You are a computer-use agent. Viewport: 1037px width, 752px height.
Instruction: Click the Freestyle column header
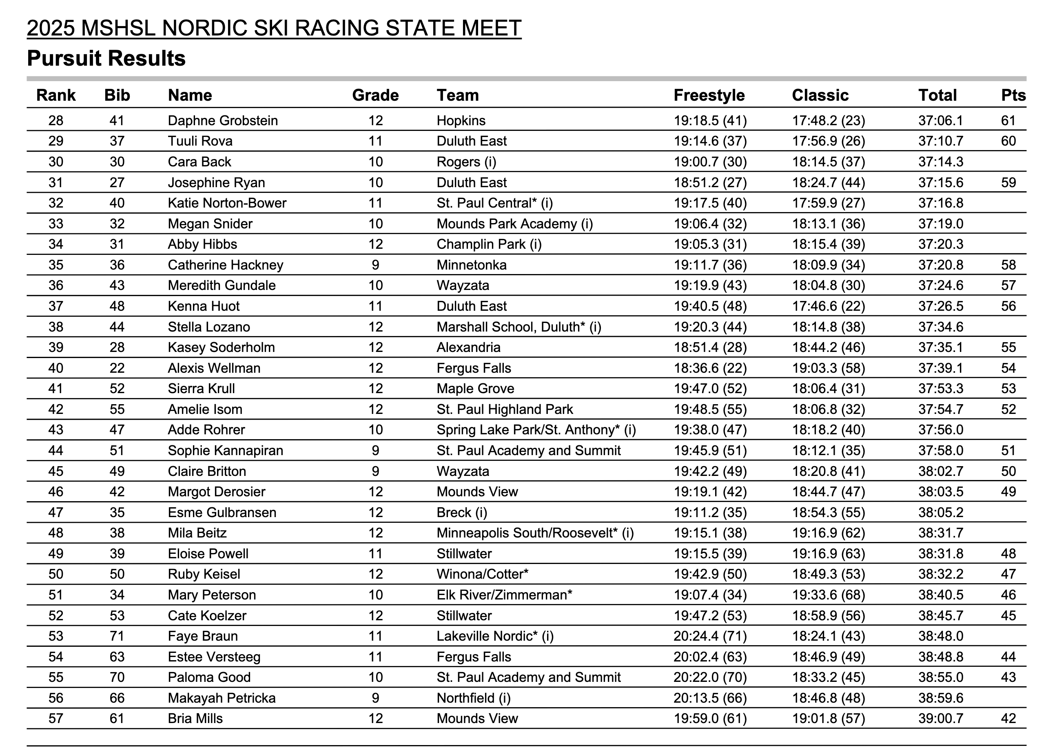pyautogui.click(x=709, y=95)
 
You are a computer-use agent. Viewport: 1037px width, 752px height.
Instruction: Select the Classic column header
pyautogui.click(x=820, y=95)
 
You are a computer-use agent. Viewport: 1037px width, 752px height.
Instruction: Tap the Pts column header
pyautogui.click(x=1013, y=95)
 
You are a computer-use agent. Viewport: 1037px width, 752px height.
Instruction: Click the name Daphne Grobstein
pyautogui.click(x=223, y=121)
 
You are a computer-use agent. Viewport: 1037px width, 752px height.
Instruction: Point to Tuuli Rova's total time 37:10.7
pyautogui.click(x=941, y=141)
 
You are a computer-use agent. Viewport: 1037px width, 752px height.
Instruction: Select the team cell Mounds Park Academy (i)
pyautogui.click(x=514, y=223)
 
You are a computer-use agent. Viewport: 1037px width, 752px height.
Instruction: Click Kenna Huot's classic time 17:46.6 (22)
pyautogui.click(x=829, y=306)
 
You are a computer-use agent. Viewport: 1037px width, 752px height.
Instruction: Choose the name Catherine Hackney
pyautogui.click(x=226, y=265)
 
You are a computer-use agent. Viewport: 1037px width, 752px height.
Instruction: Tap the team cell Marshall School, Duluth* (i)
pyautogui.click(x=518, y=327)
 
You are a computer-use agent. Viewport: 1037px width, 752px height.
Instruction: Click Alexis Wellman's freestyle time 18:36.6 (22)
pyautogui.click(x=710, y=368)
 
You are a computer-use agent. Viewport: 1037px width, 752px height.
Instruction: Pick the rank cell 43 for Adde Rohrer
pyautogui.click(x=56, y=430)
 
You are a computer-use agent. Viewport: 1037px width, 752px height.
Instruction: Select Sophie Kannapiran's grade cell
pyautogui.click(x=375, y=450)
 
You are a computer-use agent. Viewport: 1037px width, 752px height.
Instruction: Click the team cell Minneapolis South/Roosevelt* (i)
pyautogui.click(x=535, y=533)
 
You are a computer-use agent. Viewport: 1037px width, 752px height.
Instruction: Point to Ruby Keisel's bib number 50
pyautogui.click(x=117, y=574)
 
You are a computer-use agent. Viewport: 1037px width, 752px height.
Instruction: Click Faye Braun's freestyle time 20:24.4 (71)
pyautogui.click(x=710, y=636)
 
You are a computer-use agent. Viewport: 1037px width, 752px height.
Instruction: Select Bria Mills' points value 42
pyautogui.click(x=1008, y=718)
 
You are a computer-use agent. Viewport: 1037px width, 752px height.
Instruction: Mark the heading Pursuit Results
pyautogui.click(x=106, y=58)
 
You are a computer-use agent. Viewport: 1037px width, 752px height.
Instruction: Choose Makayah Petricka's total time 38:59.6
pyautogui.click(x=941, y=698)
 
